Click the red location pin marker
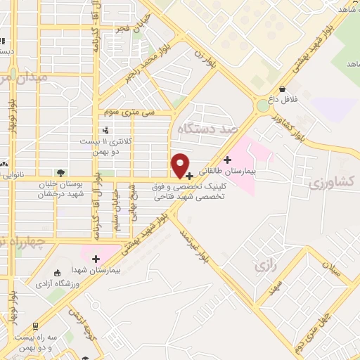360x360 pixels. point(181,166)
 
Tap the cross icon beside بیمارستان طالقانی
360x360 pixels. point(226,160)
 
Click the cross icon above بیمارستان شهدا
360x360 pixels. point(96,259)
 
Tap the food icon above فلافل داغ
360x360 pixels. point(282,90)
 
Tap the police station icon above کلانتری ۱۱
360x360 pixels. point(105,129)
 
